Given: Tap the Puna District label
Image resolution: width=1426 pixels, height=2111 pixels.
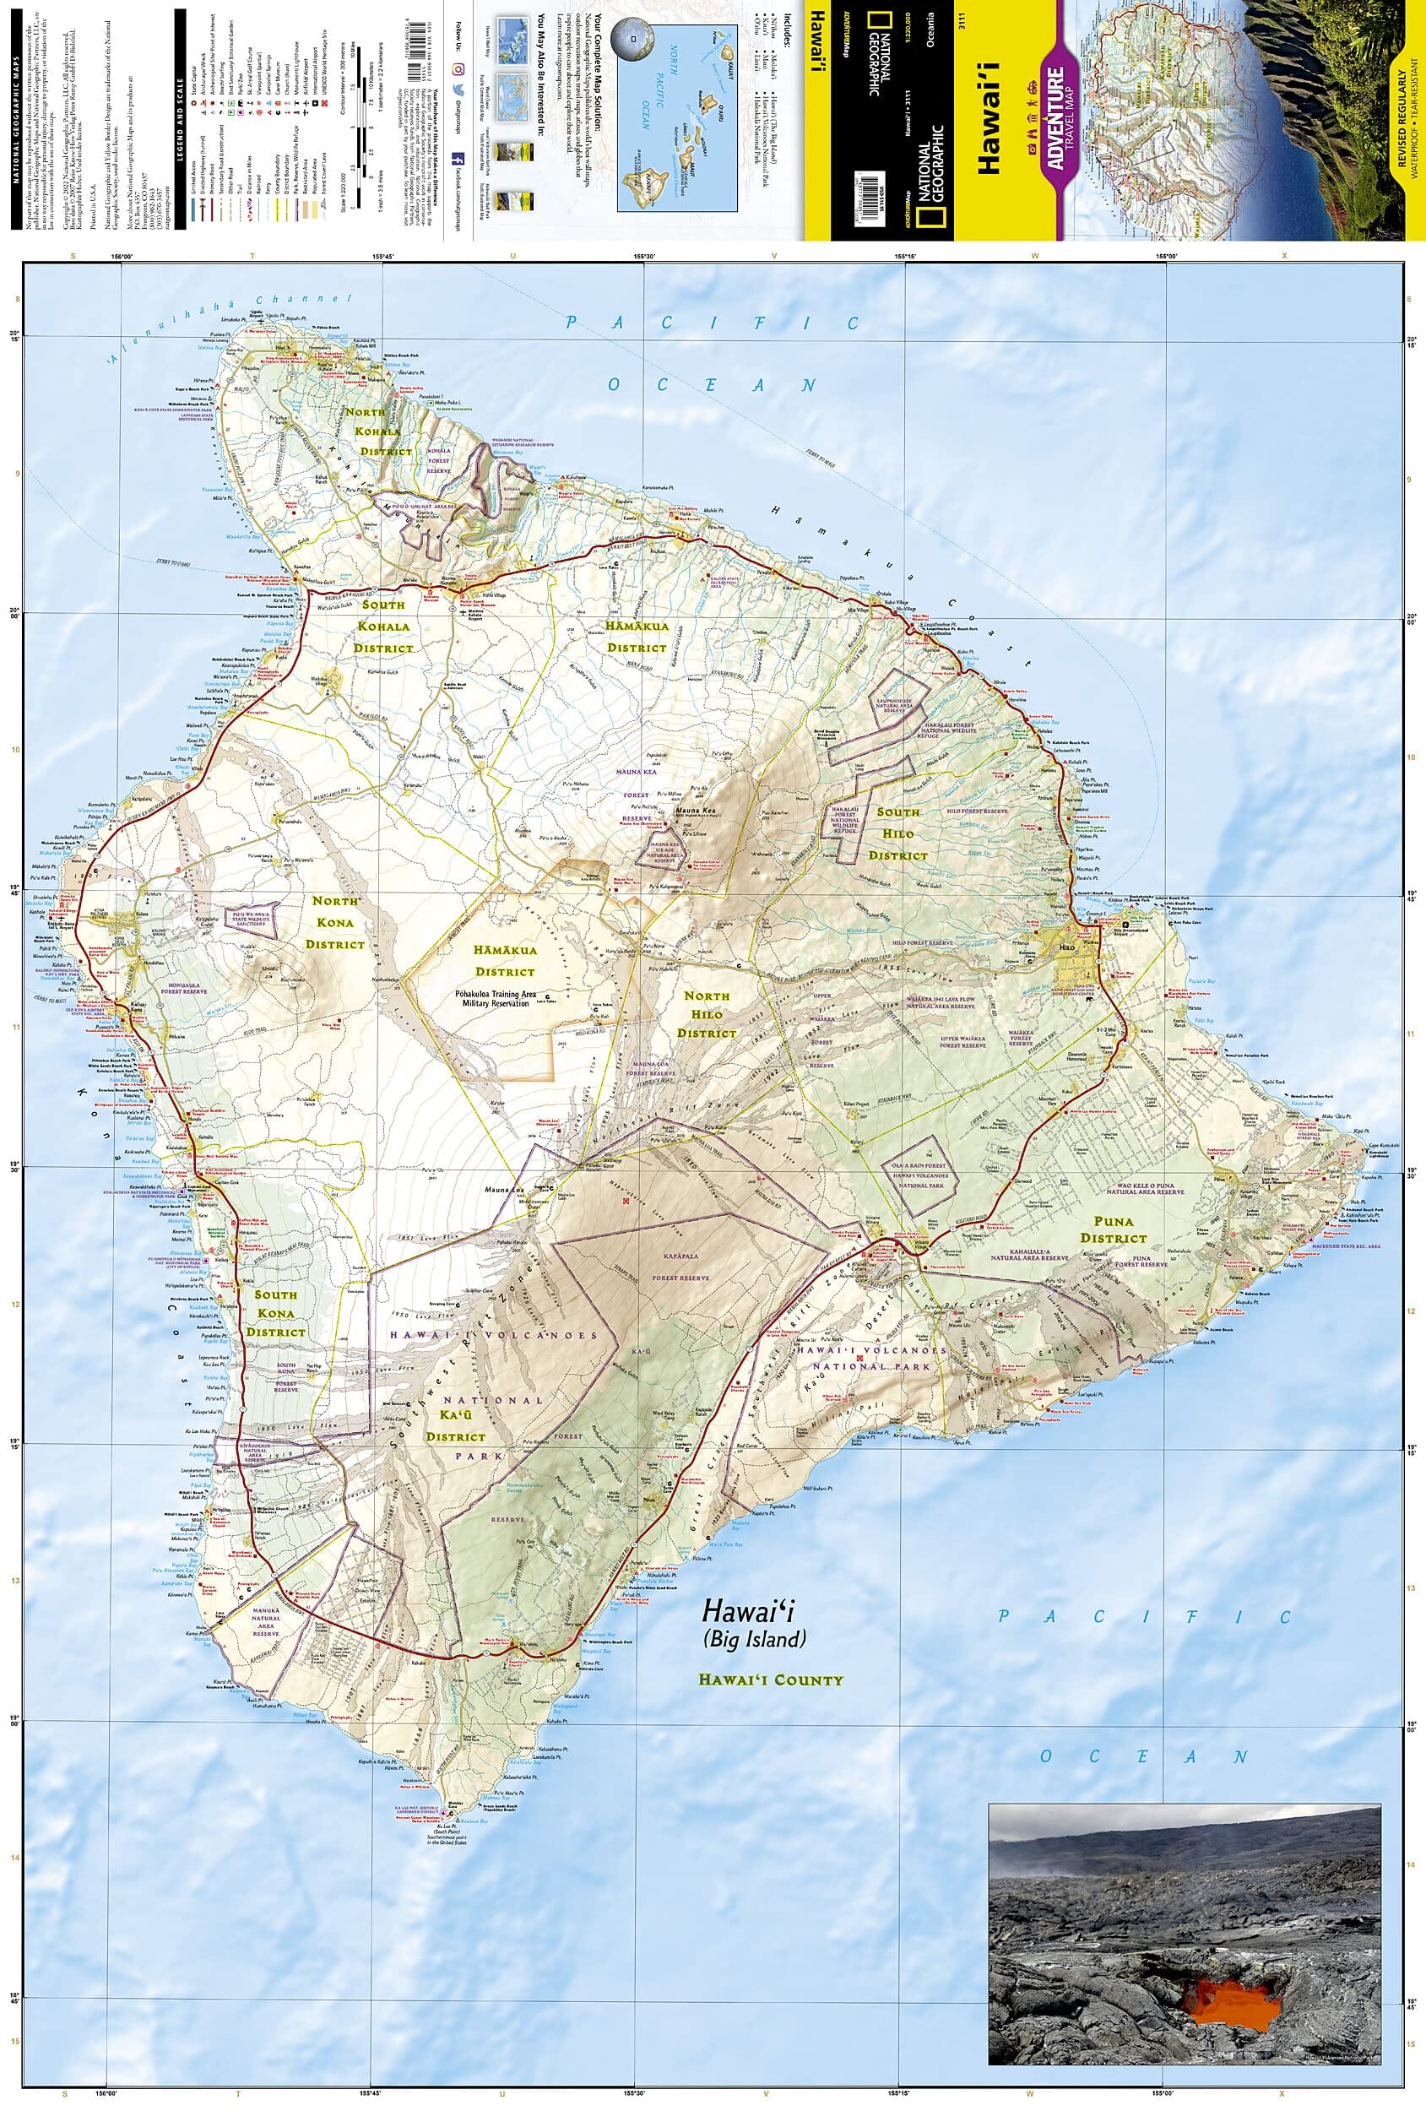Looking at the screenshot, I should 1114,1228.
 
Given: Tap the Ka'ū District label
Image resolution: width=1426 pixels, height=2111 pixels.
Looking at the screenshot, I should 456,1426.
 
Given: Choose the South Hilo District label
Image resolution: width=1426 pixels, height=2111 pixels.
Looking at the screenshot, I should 897,833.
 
